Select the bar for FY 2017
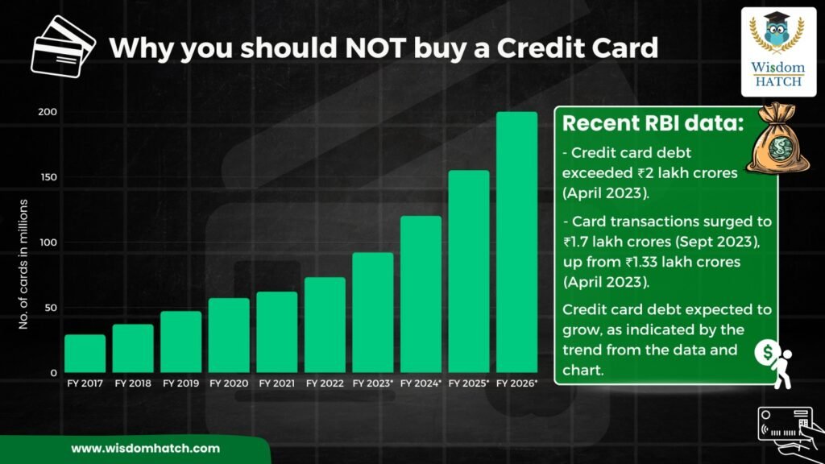point(85,354)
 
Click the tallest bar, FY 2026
point(516,242)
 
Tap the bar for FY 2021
point(277,332)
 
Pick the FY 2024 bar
point(421,294)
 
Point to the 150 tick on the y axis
point(48,177)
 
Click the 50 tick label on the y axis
point(51,308)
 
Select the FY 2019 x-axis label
point(181,383)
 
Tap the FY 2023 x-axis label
point(372,383)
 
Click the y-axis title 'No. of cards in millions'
point(23,264)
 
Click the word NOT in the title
point(375,48)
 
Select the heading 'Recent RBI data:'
point(653,123)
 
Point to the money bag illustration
point(777,139)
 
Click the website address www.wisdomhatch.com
point(145,449)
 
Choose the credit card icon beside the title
point(63,46)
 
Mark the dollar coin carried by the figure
point(768,352)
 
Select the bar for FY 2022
point(325,325)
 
